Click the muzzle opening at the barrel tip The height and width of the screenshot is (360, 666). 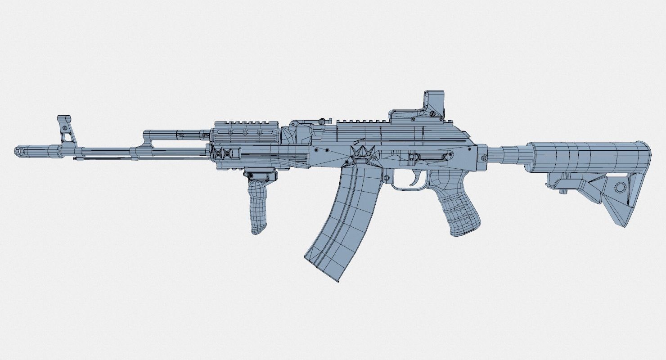(x=18, y=151)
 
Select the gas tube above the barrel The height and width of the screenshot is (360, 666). (x=175, y=134)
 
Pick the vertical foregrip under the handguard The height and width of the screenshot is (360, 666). (x=258, y=202)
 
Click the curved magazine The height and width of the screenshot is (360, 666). (x=342, y=220)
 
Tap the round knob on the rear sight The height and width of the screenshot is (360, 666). (x=322, y=121)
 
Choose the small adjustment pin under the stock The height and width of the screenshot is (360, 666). (x=562, y=191)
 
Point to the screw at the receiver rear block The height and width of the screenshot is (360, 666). (x=483, y=158)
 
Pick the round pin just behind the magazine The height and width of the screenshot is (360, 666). (x=386, y=179)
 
